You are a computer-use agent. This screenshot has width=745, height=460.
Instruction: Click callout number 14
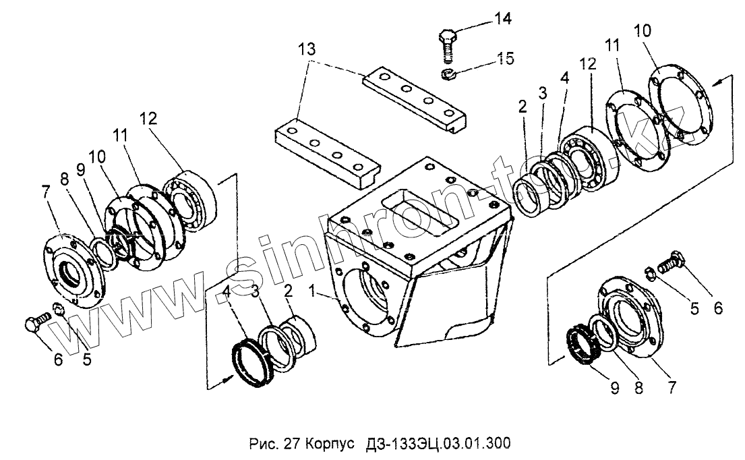pyautogui.click(x=502, y=18)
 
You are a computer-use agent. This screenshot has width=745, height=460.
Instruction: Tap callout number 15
pyautogui.click(x=505, y=58)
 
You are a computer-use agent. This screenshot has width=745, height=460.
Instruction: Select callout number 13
pyautogui.click(x=307, y=49)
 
